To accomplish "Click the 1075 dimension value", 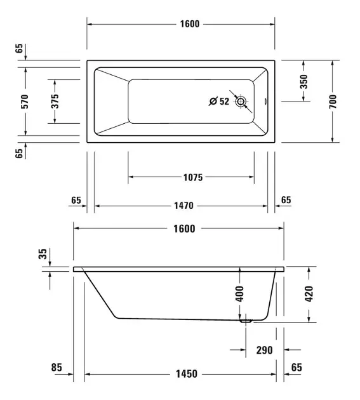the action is pos(193,177).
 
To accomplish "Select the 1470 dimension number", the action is pos(183,205).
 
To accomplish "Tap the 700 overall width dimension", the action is pos(333,102).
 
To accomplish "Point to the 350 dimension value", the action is pos(303,82).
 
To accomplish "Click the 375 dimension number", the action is pos(55,102).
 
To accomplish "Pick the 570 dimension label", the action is pos(25,102).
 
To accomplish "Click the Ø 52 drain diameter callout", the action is pos(219,102).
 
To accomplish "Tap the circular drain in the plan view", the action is pos(241,102).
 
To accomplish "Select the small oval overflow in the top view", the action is pos(265,102).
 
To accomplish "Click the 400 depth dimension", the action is pos(239,294).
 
